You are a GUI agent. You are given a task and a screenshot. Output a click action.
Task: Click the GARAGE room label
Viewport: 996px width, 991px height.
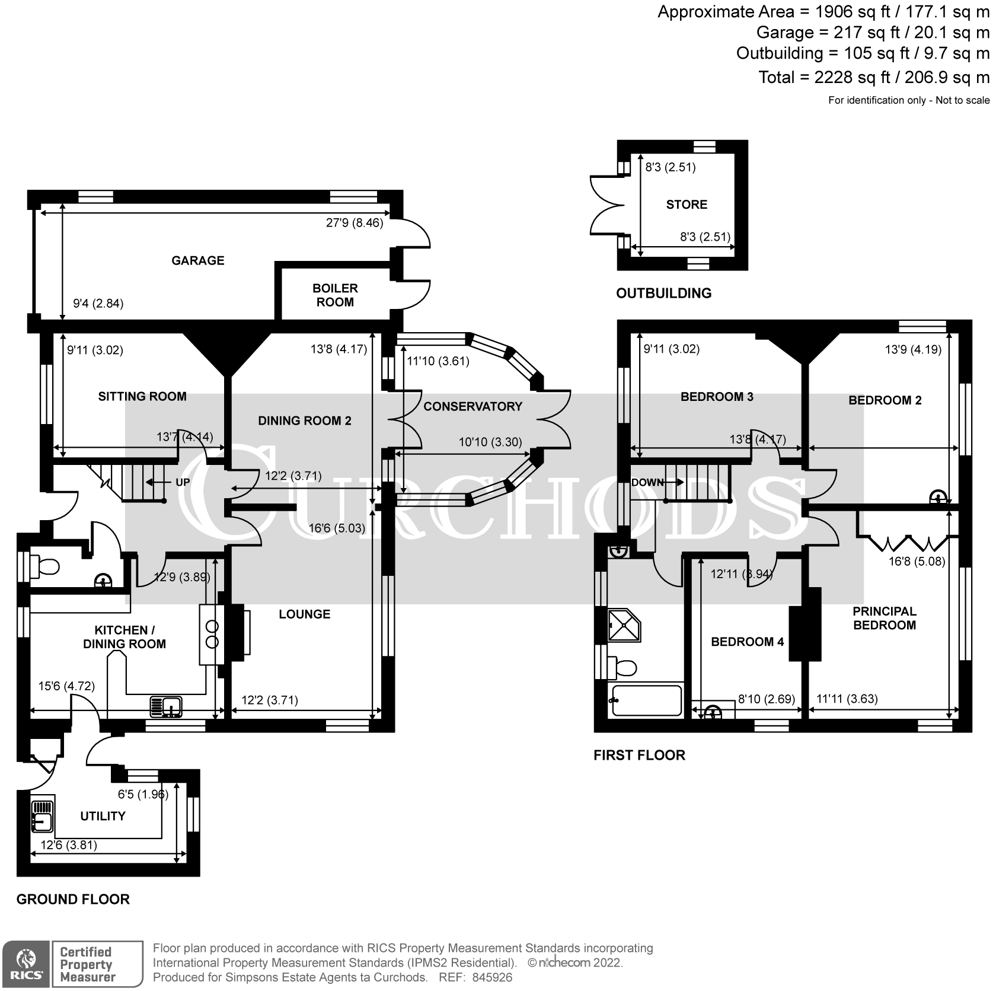point(197,260)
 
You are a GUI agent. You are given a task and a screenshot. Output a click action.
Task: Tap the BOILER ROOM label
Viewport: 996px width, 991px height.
point(335,295)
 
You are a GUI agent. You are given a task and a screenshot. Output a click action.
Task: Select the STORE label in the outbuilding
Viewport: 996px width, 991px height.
point(687,205)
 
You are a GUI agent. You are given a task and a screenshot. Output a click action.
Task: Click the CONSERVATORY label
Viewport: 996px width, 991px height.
point(473,406)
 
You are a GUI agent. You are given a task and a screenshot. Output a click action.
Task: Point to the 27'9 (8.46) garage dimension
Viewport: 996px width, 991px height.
point(355,223)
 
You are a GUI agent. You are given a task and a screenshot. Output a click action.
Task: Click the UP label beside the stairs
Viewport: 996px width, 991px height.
point(183,482)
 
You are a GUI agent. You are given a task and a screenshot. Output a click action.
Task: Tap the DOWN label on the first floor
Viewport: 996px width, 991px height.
point(647,482)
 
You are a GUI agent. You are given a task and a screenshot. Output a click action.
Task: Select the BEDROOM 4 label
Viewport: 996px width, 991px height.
point(747,642)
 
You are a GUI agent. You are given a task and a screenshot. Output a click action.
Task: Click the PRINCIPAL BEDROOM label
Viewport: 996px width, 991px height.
point(884,618)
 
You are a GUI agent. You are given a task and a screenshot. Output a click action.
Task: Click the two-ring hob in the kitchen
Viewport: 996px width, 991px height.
point(212,634)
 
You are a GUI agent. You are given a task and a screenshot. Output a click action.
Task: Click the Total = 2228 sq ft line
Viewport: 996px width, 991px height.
point(874,77)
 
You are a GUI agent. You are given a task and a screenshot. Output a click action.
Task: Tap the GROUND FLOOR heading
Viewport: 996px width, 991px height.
point(73,899)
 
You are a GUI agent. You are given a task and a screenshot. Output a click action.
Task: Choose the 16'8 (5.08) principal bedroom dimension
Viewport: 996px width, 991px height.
point(917,561)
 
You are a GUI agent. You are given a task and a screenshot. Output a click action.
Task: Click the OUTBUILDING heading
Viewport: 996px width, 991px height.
point(663,293)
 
